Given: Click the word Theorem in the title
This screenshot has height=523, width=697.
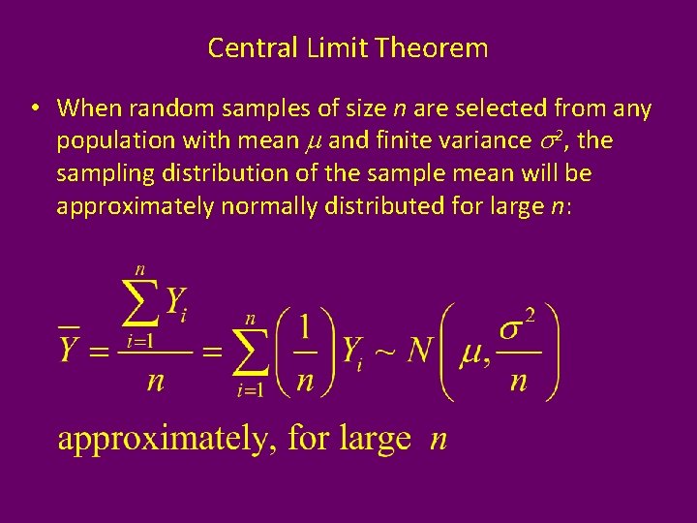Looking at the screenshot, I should point(439,47).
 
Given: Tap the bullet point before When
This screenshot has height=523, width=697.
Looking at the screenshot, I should point(34,108).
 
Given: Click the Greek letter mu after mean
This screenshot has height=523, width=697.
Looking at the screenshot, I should point(313,142).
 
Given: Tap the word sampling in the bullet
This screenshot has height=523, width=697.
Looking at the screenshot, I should point(101,174).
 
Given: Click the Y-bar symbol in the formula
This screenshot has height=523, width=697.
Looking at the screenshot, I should point(69,347).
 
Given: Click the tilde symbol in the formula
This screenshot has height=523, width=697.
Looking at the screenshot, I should point(385,351).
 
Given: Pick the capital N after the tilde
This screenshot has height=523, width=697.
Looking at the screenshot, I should point(419,349).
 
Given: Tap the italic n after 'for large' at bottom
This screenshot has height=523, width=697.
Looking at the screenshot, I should point(438,441).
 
